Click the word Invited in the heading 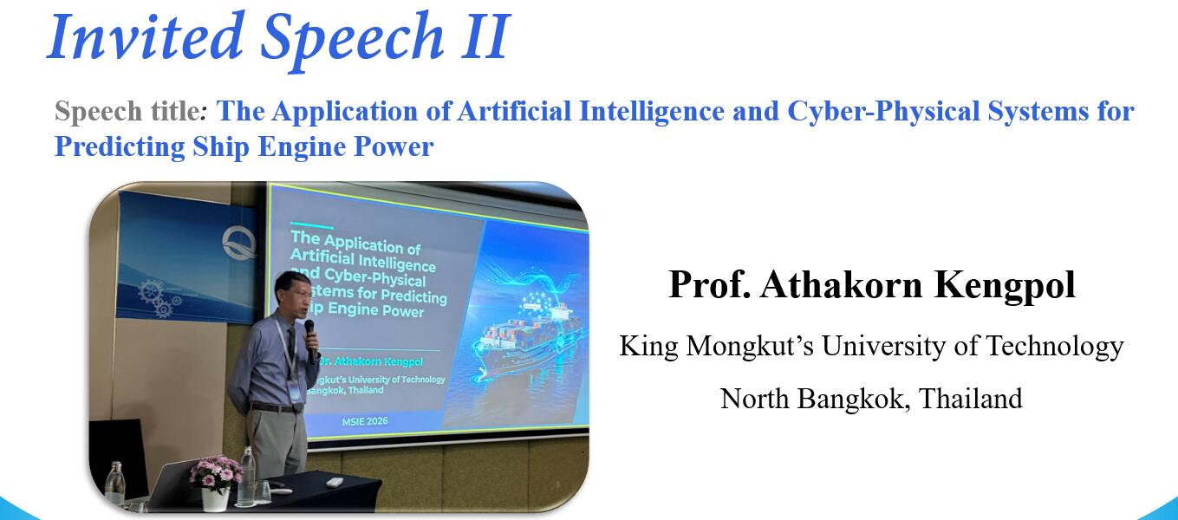tap(145, 36)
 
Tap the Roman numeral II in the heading tap(485, 36)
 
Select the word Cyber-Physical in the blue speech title tap(883, 112)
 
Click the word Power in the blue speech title tap(394, 146)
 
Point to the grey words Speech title tap(127, 111)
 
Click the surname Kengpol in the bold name tap(1005, 284)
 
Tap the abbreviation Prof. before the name tap(709, 284)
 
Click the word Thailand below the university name tap(971, 398)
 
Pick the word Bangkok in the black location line tap(854, 399)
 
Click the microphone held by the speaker tap(310, 338)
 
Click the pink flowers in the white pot tap(215, 472)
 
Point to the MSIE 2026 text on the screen tap(365, 421)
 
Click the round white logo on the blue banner tap(239, 243)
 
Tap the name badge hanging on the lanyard tap(295, 390)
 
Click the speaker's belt tap(272, 407)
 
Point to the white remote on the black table tap(334, 482)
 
